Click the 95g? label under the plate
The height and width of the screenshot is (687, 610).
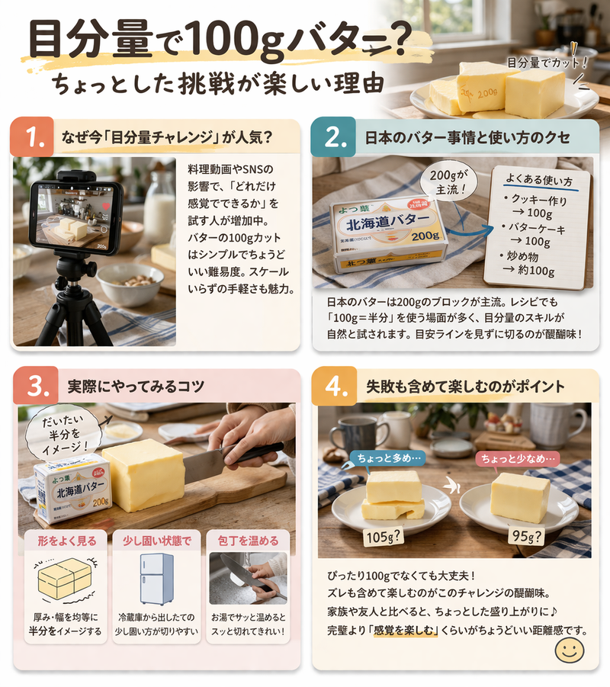click(x=526, y=537)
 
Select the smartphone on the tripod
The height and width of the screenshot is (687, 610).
click(x=75, y=216)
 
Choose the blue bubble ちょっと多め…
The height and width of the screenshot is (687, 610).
click(x=386, y=457)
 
